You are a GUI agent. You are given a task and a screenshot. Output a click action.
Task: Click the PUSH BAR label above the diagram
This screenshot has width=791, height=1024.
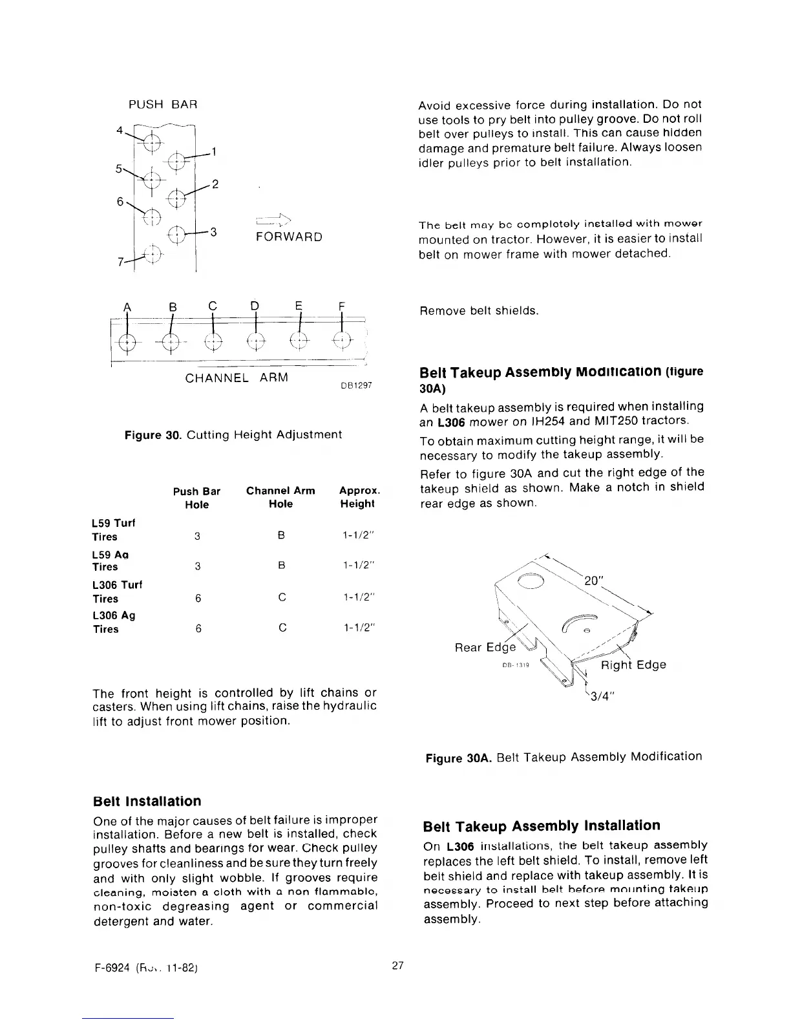[162, 105]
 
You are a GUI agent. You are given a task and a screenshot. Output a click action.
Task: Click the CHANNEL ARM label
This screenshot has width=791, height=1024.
[237, 378]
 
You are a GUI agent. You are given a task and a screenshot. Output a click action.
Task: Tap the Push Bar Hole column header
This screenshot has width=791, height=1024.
[196, 498]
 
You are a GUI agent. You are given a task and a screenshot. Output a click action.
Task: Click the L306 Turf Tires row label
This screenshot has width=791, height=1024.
[117, 592]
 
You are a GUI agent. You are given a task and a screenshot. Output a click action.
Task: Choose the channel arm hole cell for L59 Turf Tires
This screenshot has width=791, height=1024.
[281, 536]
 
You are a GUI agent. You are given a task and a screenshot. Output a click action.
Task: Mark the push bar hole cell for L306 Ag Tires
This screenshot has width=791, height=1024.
[197, 628]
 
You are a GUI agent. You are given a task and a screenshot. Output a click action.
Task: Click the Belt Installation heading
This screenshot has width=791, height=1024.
[147, 802]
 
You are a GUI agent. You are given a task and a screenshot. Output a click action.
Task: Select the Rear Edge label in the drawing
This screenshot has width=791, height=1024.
[485, 647]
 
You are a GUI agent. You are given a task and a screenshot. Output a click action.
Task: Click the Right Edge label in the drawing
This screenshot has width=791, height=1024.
[633, 665]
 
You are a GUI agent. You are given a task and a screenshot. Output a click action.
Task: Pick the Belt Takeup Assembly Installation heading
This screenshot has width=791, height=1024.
[542, 826]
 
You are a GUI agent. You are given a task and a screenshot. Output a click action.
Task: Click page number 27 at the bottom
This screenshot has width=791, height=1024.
[397, 966]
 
